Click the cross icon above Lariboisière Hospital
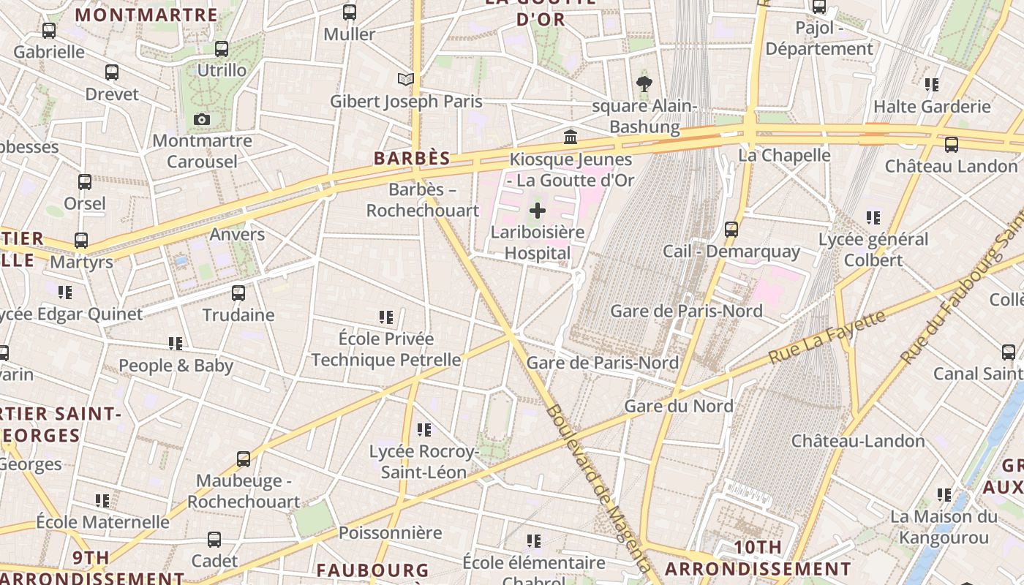[538, 211]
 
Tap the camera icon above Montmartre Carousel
[202, 119]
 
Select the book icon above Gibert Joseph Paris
[406, 79]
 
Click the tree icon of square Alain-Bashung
[644, 84]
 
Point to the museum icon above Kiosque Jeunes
[570, 137]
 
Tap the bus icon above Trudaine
[238, 293]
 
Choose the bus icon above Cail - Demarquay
[731, 230]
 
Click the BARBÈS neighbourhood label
[412, 159]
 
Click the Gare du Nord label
[678, 406]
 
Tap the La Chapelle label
[784, 155]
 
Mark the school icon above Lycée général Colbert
[873, 217]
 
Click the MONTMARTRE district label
[146, 15]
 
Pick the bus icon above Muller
[350, 12]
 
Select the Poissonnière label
[390, 532]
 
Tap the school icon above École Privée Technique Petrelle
[386, 317]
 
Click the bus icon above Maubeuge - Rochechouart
[244, 459]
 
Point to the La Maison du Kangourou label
[944, 527]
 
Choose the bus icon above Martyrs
[81, 240]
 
